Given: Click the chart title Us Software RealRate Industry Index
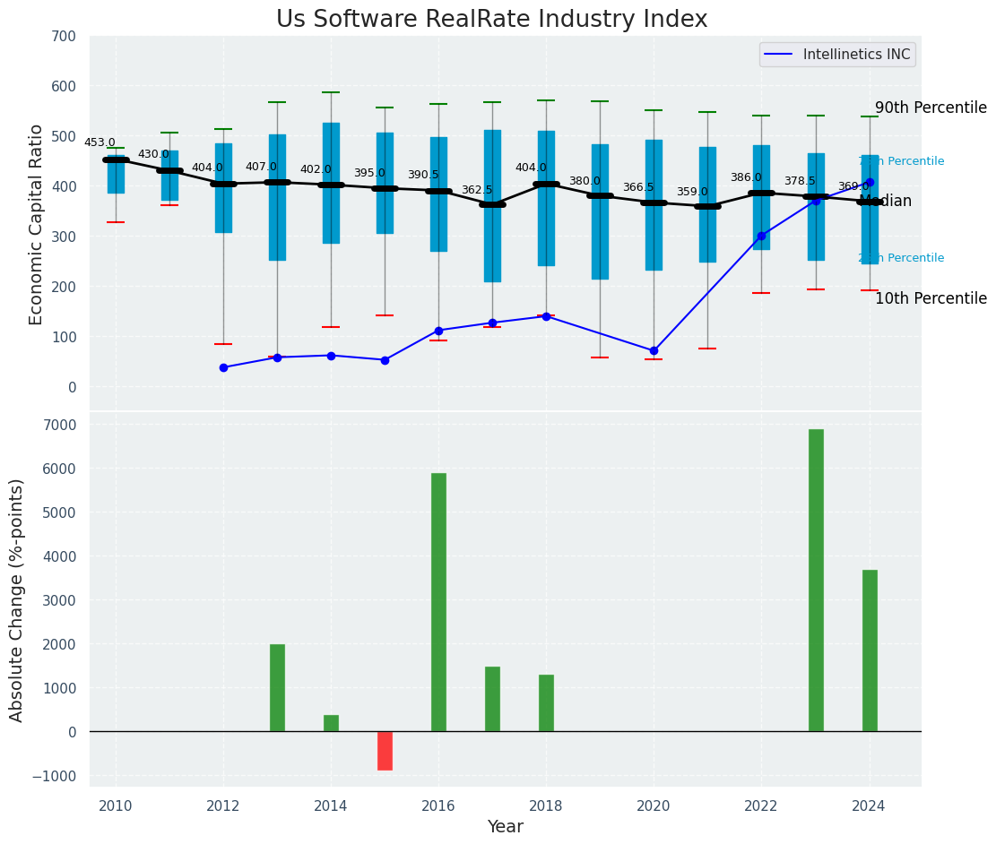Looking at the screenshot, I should (x=491, y=20).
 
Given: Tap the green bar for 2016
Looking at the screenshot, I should (x=438, y=602).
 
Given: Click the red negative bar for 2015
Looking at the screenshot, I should (x=385, y=751).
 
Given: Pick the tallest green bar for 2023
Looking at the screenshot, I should (x=816, y=580).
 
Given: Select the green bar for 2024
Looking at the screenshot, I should (x=870, y=650).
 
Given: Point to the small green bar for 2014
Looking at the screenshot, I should (x=331, y=723).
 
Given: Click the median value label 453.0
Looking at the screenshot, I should (x=100, y=142).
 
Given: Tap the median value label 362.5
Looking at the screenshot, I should (x=477, y=190).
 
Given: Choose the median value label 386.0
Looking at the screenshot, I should (x=746, y=177).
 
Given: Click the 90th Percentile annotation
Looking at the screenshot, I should (x=931, y=108).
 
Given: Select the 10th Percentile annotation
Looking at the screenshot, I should (x=931, y=298).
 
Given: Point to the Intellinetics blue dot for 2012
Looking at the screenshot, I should (x=223, y=367).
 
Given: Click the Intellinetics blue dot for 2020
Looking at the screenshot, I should (x=654, y=350).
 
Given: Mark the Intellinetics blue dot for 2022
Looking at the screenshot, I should (x=761, y=236).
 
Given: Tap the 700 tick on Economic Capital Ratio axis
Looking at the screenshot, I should (x=70, y=36).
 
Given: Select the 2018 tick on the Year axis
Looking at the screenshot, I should (x=546, y=805).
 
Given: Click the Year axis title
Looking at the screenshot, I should (x=505, y=827).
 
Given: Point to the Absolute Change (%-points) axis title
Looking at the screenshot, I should (x=17, y=599).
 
